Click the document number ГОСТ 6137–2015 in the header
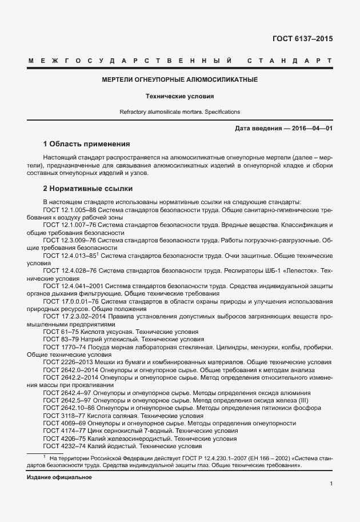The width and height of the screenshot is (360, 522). click(x=302, y=39)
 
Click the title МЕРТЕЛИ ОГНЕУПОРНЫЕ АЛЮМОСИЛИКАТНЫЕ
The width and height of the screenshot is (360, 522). click(x=179, y=79)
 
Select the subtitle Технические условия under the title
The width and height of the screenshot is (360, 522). click(x=179, y=96)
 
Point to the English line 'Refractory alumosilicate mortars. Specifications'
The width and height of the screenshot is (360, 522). click(x=179, y=111)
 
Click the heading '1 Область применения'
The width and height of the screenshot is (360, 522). click(x=87, y=144)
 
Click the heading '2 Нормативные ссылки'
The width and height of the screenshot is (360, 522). click(x=88, y=188)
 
